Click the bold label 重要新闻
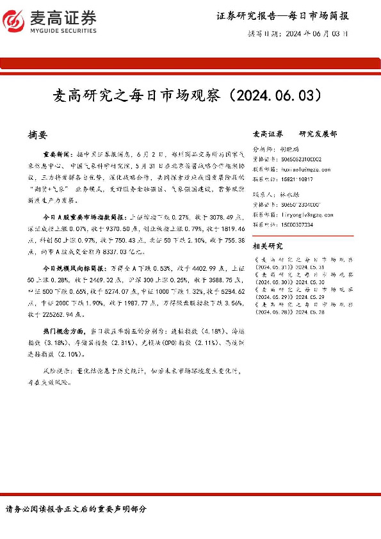(57, 154)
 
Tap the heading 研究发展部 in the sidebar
(318, 134)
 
